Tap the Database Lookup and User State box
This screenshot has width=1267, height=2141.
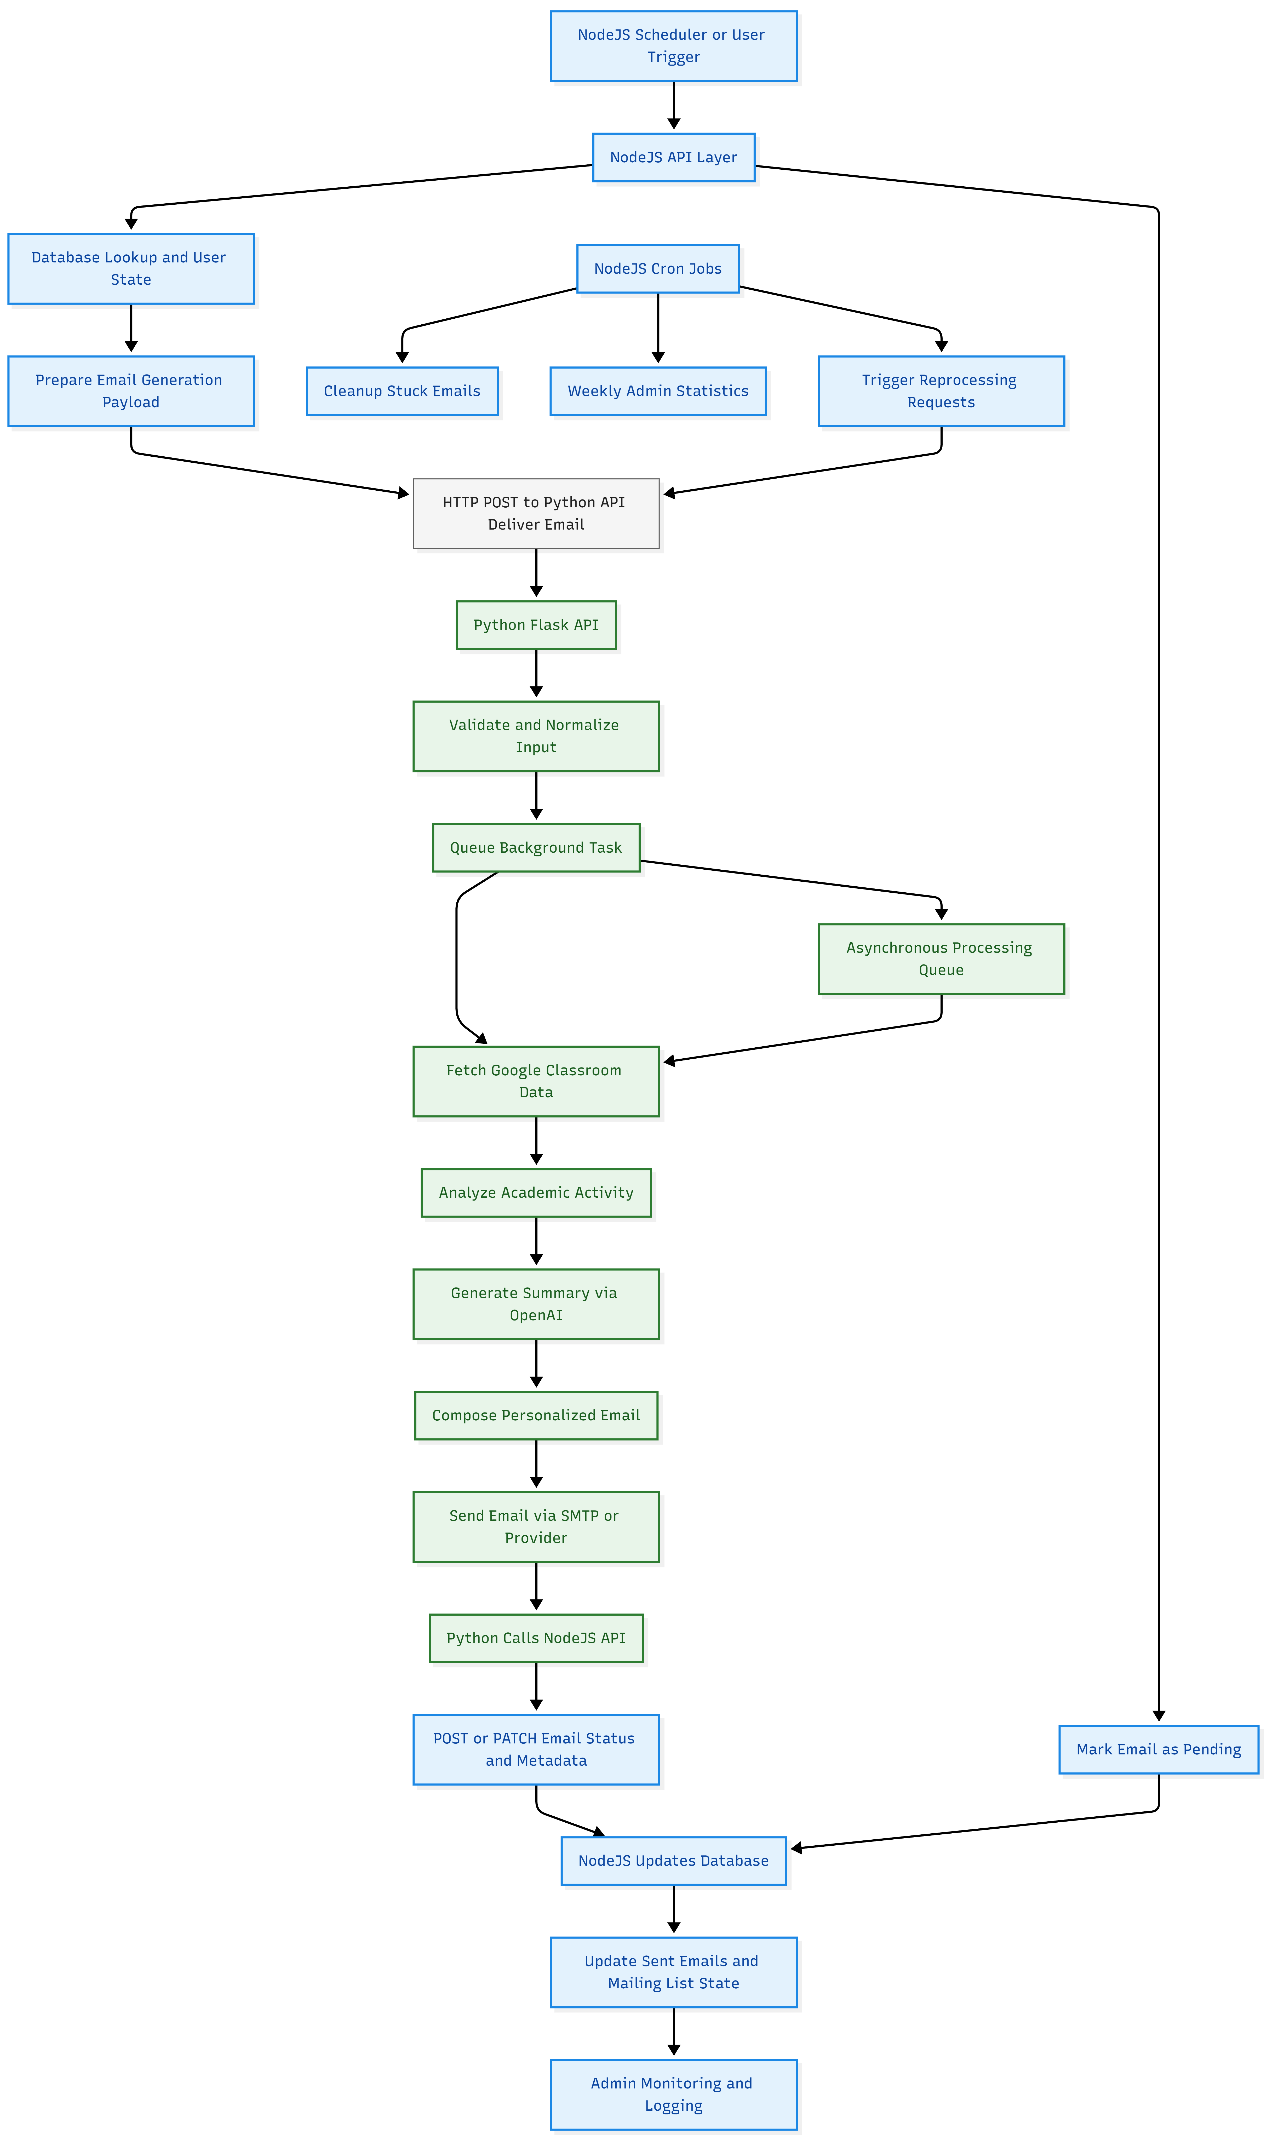point(131,268)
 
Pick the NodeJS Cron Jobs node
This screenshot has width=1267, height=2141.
point(657,268)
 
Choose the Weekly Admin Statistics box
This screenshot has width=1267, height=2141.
point(657,391)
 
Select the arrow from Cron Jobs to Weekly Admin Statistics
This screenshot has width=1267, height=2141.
point(657,327)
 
